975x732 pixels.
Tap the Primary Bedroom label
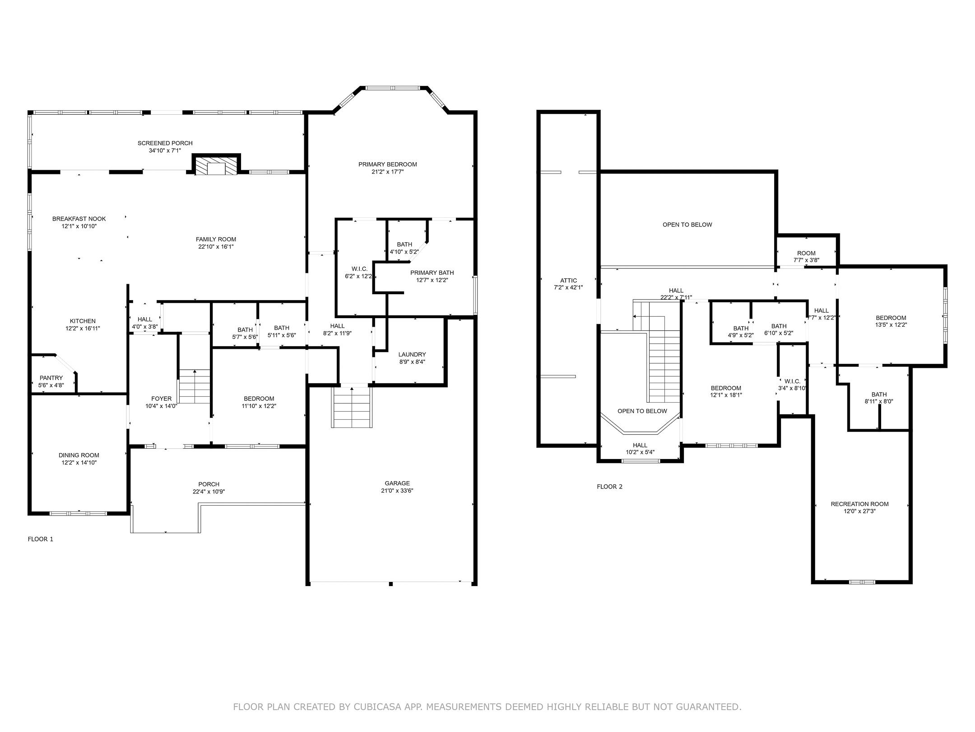[x=388, y=164]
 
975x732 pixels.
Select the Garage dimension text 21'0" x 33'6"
[x=397, y=491]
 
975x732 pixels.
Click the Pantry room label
[x=51, y=378]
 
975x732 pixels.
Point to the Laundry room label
[x=412, y=354]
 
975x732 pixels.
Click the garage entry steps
[x=352, y=407]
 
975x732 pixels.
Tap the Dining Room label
[x=79, y=455]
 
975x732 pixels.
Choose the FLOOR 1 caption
[x=41, y=539]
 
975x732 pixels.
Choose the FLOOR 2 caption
[x=610, y=487]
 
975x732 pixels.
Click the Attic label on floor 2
[x=568, y=281]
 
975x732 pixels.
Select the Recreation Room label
[x=860, y=504]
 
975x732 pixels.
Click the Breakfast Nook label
[x=79, y=219]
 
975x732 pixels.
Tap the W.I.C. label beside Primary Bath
[x=360, y=269]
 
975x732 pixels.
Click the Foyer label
[x=161, y=399]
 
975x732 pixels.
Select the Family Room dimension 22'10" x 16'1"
[x=216, y=247]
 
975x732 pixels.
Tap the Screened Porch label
[x=165, y=143]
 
